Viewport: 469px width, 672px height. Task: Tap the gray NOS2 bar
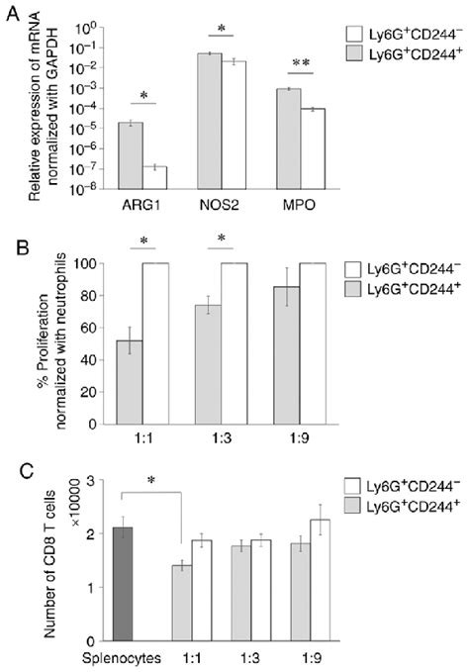point(209,119)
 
